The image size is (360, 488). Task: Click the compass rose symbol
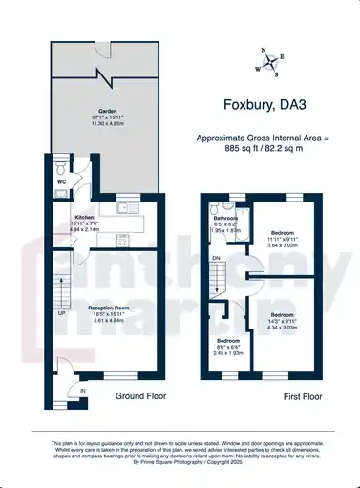tap(270, 62)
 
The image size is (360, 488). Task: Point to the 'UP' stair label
tap(62, 312)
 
